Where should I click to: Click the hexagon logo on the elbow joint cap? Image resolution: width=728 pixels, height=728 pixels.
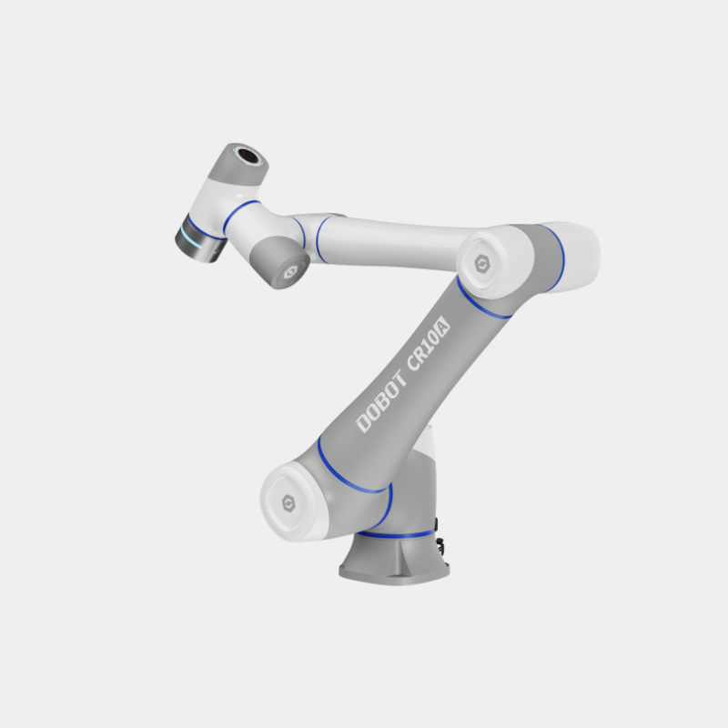[482, 264]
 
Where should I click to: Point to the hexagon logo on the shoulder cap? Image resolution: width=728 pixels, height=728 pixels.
[288, 503]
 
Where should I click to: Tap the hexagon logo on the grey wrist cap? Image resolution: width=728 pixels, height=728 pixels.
[290, 272]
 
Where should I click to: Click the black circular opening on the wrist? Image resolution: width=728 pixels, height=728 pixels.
[248, 155]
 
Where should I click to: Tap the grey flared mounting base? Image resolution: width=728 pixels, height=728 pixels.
[395, 559]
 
